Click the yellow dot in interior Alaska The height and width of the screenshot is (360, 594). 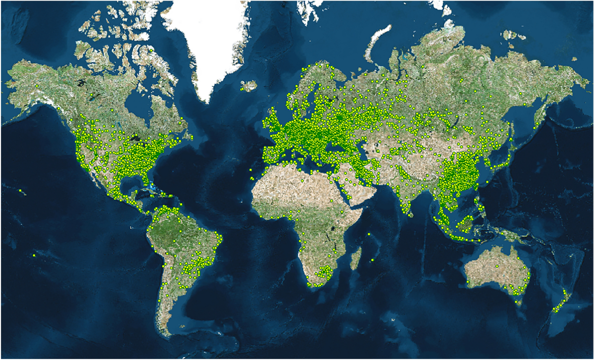coord(37,86)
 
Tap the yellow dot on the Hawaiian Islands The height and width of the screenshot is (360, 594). coord(20,190)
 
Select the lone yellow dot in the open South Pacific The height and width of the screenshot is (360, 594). coord(34,255)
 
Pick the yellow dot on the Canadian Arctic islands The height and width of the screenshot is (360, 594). coord(150,50)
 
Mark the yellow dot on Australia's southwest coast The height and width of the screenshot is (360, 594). coord(467,282)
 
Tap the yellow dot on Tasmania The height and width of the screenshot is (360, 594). coord(518,302)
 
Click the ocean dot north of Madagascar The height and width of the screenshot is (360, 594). coord(369,234)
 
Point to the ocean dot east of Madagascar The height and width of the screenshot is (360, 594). coord(372,259)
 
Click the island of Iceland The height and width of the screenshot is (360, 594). coord(248,86)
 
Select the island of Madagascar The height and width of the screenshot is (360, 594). coord(355,259)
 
